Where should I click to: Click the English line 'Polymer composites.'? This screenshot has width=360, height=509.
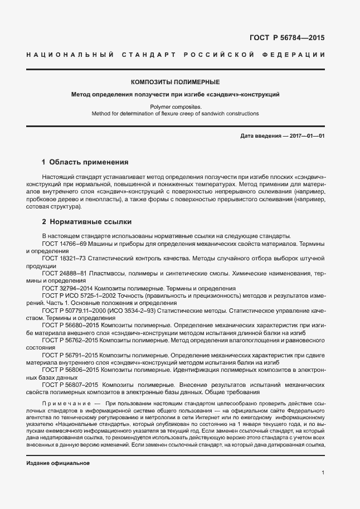coord(175,106)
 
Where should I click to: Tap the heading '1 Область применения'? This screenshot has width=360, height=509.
coord(85,162)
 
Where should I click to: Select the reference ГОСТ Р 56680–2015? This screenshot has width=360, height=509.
coord(70,324)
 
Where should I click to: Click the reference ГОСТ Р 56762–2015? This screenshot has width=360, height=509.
coord(70,340)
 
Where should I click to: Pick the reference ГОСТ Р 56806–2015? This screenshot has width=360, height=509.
coord(70,369)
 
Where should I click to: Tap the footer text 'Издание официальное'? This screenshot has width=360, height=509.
coord(58,463)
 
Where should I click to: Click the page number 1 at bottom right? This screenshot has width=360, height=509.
coord(323,473)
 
